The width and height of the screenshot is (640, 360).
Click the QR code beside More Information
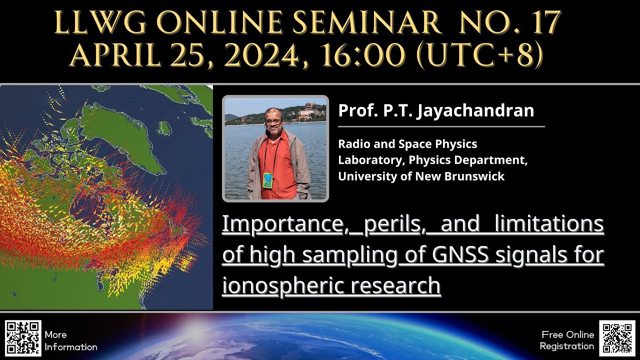(x=23, y=338)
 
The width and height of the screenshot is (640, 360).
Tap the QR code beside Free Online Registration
(x=618, y=338)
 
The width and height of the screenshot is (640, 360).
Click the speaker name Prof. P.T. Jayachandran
(x=436, y=110)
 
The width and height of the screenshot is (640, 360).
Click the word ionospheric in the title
(x=283, y=286)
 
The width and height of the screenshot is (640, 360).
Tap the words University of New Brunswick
(x=421, y=176)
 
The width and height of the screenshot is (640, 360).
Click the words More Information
(x=70, y=340)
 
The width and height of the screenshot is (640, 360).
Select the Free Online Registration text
(x=567, y=340)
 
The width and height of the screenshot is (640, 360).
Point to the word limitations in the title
(x=549, y=224)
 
